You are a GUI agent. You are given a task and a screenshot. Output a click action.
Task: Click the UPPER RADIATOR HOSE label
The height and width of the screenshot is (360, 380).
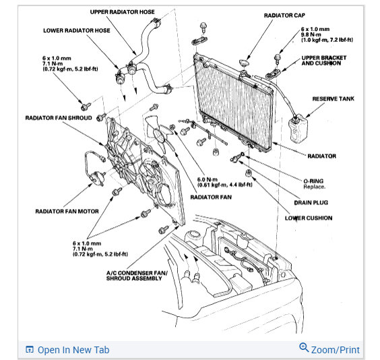click(x=122, y=12)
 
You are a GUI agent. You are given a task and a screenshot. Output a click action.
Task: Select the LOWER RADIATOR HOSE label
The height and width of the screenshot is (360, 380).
click(x=77, y=30)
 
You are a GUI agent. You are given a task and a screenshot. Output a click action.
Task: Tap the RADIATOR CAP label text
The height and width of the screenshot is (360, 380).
click(x=284, y=16)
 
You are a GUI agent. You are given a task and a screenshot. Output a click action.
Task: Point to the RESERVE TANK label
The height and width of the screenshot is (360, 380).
click(x=333, y=99)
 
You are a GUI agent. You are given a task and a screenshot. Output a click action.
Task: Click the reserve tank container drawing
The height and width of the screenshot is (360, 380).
click(x=298, y=129)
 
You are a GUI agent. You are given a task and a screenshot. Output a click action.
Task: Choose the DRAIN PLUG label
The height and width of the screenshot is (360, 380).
click(x=311, y=203)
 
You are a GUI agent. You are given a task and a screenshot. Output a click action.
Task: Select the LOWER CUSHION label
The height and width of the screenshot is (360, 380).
click(x=309, y=218)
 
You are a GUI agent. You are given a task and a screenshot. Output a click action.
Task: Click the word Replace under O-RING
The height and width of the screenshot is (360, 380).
click(x=315, y=187)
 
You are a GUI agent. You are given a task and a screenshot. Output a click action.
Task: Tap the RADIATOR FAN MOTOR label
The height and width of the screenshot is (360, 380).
click(x=67, y=212)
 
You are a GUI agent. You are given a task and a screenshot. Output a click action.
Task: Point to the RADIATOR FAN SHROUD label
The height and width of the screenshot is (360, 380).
click(x=59, y=118)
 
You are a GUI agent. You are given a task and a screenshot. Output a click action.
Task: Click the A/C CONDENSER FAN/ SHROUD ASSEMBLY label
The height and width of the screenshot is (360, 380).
click(x=137, y=276)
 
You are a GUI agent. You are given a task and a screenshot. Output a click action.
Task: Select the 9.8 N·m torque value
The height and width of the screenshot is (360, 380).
click(x=311, y=34)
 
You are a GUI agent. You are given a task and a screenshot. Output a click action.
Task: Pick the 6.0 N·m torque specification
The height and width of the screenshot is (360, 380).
click(x=208, y=179)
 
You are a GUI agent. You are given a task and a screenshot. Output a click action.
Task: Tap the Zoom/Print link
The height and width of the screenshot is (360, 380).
click(x=335, y=350)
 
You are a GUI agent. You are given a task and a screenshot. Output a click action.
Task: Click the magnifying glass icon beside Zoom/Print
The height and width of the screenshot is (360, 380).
click(x=304, y=348)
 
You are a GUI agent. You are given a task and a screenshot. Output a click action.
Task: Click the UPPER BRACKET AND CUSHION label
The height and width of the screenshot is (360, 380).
click(x=324, y=61)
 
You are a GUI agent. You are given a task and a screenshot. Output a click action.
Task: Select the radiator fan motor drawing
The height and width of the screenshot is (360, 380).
click(x=96, y=177)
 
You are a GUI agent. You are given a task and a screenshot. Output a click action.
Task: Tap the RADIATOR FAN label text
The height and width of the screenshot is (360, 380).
click(x=211, y=197)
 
